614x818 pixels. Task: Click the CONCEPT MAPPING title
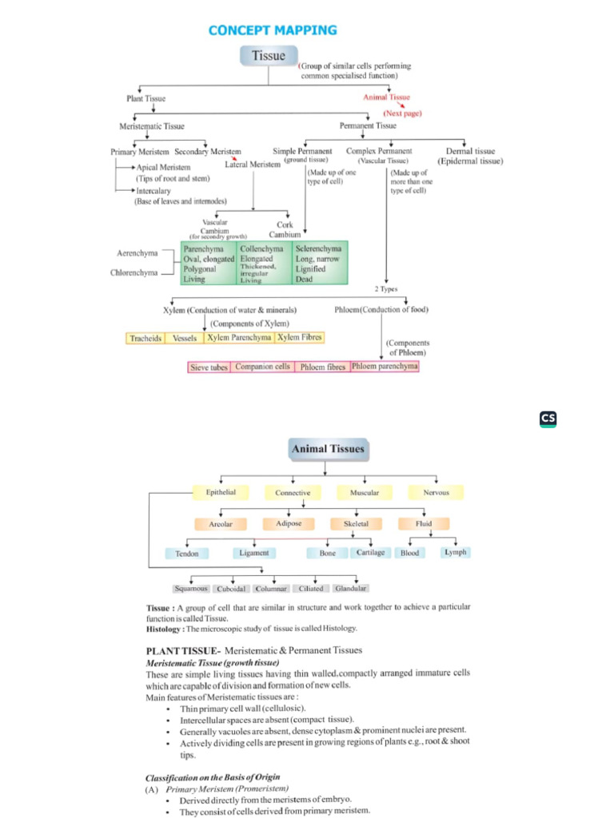click(273, 30)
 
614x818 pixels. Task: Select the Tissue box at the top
click(269, 56)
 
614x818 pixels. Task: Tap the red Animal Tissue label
click(386, 97)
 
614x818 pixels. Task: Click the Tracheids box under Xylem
click(146, 339)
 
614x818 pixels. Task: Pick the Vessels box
click(185, 339)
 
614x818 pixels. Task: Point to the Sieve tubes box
click(209, 367)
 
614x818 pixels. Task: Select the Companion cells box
click(263, 367)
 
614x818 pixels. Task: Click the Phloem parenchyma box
click(385, 366)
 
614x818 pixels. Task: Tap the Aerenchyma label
click(137, 253)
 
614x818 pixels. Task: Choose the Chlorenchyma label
click(134, 273)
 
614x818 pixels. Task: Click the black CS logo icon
click(548, 419)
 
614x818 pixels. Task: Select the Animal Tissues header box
click(328, 449)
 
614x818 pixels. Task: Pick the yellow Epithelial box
click(221, 493)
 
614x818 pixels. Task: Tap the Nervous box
click(436, 493)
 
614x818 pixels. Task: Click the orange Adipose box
click(289, 524)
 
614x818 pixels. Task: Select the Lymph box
click(455, 552)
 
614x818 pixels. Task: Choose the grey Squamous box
click(192, 589)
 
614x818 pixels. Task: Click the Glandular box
click(350, 589)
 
